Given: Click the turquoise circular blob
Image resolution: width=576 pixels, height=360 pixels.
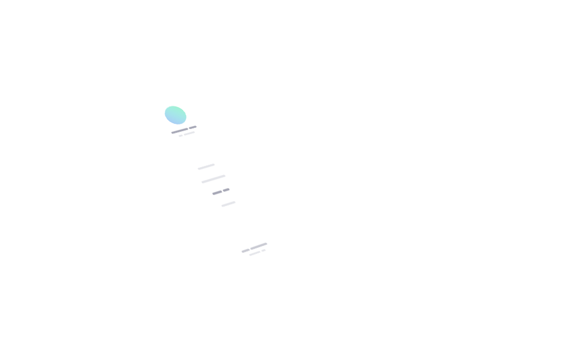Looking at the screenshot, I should click(174, 115).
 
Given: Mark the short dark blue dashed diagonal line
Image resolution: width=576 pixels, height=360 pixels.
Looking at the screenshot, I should click(222, 190).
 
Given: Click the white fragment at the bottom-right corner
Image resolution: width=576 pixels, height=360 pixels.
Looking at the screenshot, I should click(258, 252).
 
